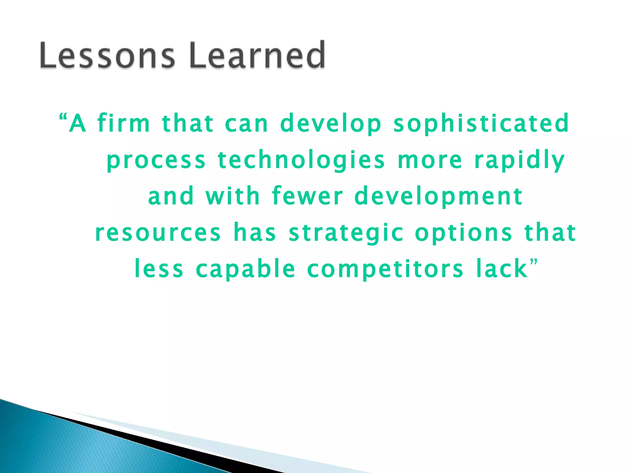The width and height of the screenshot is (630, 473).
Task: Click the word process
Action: [x=156, y=161]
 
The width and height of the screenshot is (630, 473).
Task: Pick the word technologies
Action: [x=301, y=161]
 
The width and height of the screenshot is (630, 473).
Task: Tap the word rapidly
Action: [x=520, y=161]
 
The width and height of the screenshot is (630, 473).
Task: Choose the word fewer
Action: [x=307, y=196]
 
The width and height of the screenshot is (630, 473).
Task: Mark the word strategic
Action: [x=346, y=233]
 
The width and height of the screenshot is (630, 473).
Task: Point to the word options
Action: [x=464, y=233]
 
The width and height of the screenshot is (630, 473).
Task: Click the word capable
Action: [x=246, y=269]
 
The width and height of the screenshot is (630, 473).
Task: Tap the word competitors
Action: [x=385, y=269]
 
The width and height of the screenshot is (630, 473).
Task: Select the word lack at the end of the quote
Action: [x=502, y=269]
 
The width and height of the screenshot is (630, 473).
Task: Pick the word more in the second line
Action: [x=430, y=161]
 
